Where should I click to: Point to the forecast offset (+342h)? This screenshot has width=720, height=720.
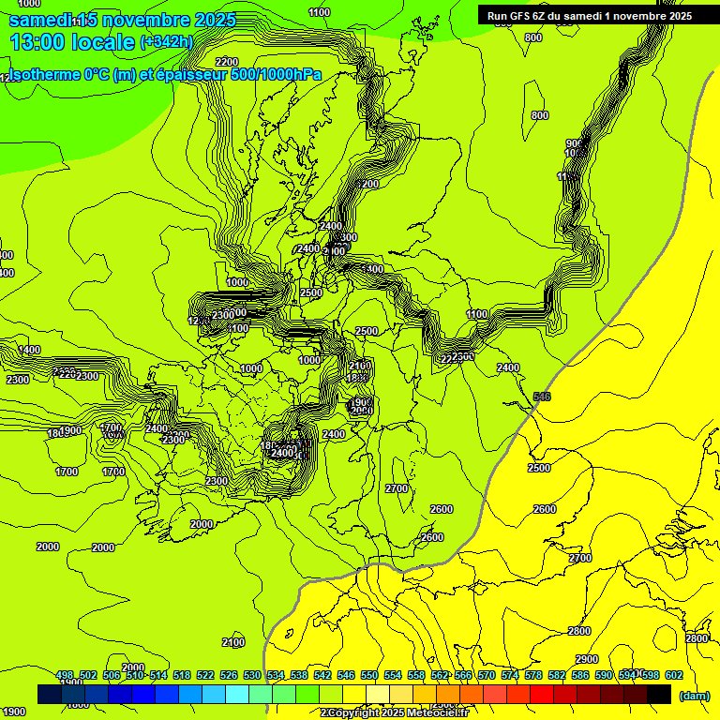[166, 41]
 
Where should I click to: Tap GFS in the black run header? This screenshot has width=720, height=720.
[518, 15]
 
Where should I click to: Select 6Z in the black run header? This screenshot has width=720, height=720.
[540, 15]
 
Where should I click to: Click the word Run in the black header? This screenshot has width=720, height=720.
[497, 15]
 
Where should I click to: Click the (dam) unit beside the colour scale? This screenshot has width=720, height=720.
[693, 695]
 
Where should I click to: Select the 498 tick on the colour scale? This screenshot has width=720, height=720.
[65, 675]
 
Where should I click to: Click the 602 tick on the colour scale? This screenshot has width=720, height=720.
[674, 675]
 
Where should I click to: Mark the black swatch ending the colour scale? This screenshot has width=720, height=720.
[659, 694]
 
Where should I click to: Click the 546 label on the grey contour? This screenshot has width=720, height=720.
[542, 397]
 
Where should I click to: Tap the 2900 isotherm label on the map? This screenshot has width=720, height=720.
[587, 659]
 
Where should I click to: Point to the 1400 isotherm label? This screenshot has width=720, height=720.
[30, 350]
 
